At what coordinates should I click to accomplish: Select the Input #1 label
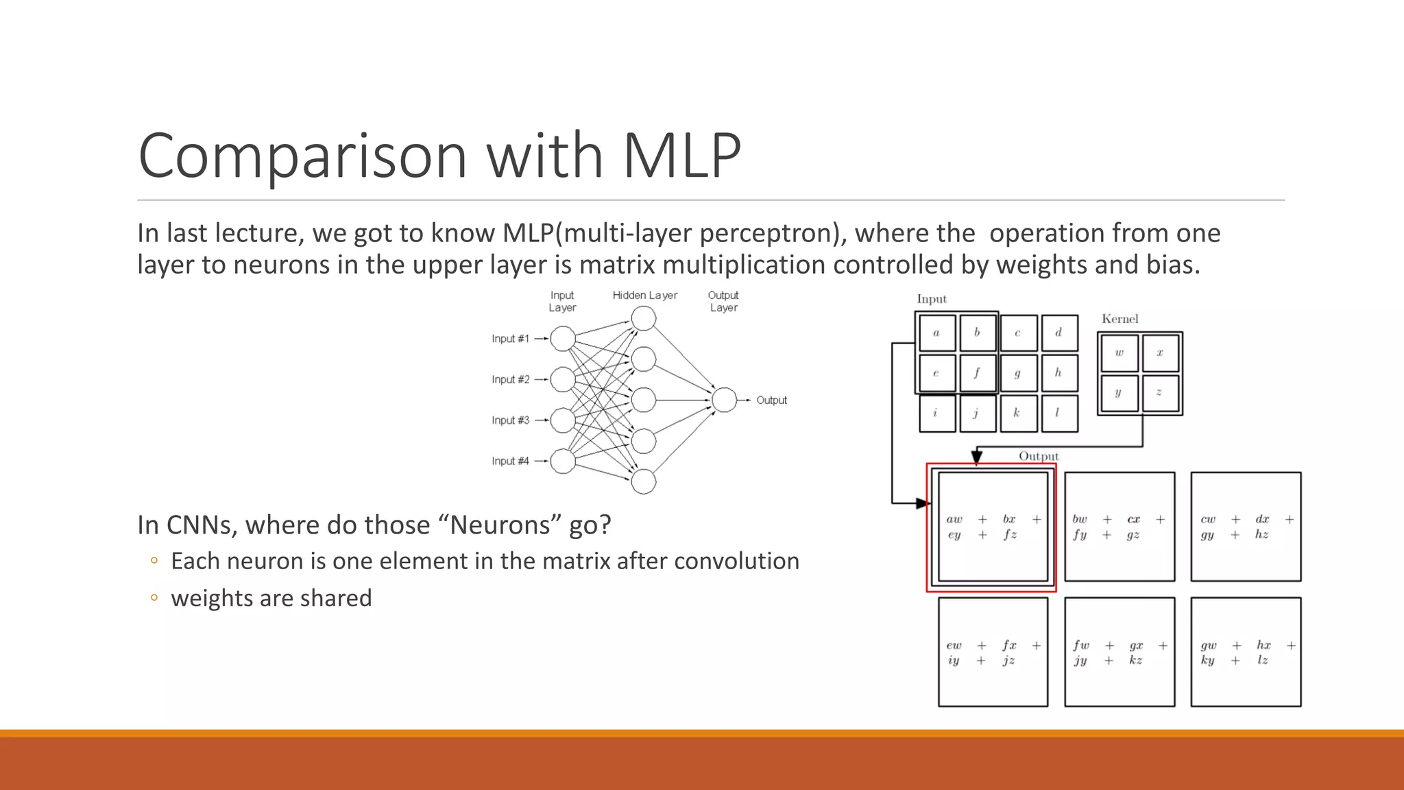pyautogui.click(x=510, y=339)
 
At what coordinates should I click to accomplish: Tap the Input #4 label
pyautogui.click(x=510, y=461)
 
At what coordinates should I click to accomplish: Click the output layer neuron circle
pyautogui.click(x=724, y=400)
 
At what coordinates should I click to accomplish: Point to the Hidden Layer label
pyautogui.click(x=644, y=296)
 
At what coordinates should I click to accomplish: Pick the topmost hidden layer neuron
pyautogui.click(x=643, y=318)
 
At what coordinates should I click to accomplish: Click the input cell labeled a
pyautogui.click(x=936, y=333)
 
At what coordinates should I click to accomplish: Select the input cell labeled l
pyautogui.click(x=1058, y=414)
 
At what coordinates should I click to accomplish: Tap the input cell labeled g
pyautogui.click(x=1018, y=373)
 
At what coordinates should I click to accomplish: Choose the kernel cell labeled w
pyautogui.click(x=1119, y=353)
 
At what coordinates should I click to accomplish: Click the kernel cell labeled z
pyautogui.click(x=1160, y=393)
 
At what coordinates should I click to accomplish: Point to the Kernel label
pyautogui.click(x=1119, y=319)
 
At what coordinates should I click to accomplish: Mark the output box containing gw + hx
pyautogui.click(x=1246, y=651)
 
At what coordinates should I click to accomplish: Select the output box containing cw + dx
pyautogui.click(x=1246, y=526)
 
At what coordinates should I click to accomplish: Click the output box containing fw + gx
pyautogui.click(x=1119, y=651)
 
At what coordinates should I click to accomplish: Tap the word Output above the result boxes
pyautogui.click(x=1038, y=456)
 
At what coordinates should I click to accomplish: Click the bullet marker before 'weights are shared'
pyautogui.click(x=154, y=598)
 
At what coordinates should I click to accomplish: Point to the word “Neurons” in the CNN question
pyautogui.click(x=500, y=525)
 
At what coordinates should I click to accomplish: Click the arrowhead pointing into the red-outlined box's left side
pyautogui.click(x=922, y=503)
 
